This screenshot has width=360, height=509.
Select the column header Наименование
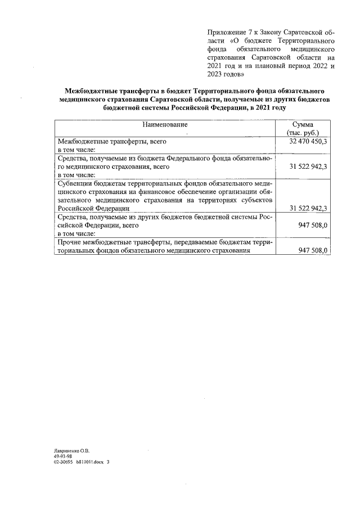coord(165,124)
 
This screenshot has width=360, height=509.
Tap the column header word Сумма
coord(303,124)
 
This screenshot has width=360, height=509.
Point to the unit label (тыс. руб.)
coord(303,133)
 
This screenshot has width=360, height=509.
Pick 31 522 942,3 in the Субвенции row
coord(308,208)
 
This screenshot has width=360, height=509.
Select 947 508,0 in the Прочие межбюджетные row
coord(313,250)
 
